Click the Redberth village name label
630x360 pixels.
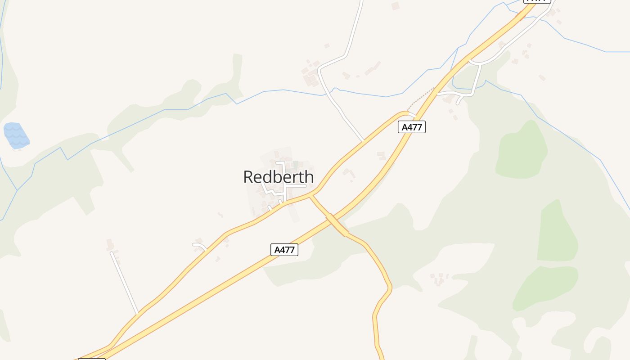[279, 177]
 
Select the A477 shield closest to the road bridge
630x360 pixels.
[284, 250]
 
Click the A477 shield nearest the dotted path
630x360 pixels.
[412, 127]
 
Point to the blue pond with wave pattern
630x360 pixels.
[16, 135]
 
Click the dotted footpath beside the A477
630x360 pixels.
[421, 99]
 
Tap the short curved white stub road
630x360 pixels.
[200, 246]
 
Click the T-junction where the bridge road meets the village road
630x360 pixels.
[310, 195]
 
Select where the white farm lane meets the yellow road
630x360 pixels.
[363, 141]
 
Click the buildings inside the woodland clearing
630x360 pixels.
[437, 279]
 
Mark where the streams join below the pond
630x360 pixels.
[17, 190]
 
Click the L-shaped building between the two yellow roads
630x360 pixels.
[349, 172]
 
